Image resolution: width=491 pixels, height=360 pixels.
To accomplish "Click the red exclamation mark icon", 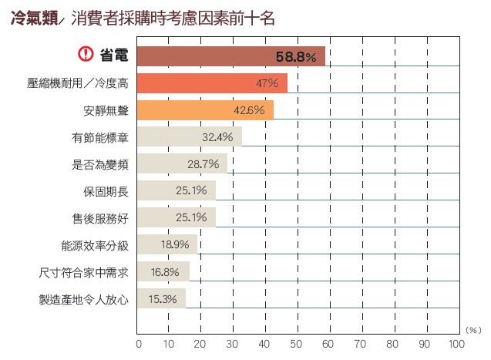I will tap(86, 56).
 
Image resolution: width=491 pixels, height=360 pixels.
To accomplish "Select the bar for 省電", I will tap(231, 56).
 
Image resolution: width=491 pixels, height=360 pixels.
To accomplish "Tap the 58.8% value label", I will tap(296, 56).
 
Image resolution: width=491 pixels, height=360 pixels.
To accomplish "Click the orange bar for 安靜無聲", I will tap(205, 110).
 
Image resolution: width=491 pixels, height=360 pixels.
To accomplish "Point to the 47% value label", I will tap(267, 83).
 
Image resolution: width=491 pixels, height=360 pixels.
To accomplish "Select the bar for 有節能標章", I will tap(190, 137).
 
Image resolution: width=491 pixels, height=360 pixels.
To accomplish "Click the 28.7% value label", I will tap(203, 164).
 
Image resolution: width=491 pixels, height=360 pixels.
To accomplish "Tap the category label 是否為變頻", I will tap(99, 164).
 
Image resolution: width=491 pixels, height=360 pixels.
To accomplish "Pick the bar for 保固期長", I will tap(177, 191).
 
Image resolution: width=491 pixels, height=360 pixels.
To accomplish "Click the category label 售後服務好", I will tap(99, 218).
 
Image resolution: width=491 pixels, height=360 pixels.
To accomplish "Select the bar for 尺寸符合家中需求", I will tap(163, 272).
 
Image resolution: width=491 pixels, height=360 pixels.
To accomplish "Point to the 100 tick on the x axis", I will tap(456, 343).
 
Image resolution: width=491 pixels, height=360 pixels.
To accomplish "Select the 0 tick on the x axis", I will tap(139, 343).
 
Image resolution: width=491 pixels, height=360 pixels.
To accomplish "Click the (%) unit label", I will tap(473, 328).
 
